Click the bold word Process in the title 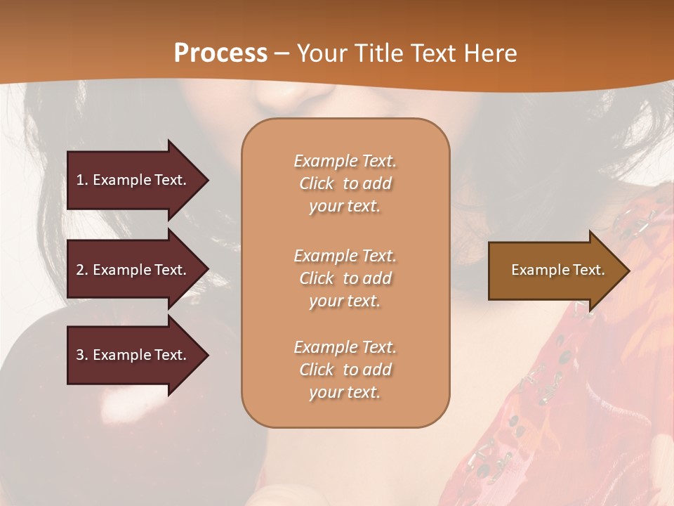point(220,53)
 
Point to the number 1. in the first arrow point(82,180)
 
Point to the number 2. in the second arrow point(82,270)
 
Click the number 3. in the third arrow point(82,355)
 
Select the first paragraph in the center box point(345,183)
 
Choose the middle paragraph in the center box point(345,278)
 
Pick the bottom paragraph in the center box point(345,370)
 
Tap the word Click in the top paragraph point(317,183)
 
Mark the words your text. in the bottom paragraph point(345,392)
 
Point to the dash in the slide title point(282,53)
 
